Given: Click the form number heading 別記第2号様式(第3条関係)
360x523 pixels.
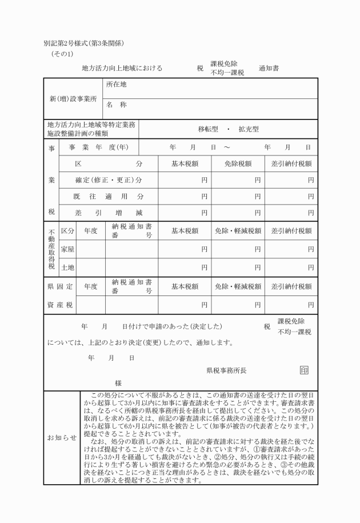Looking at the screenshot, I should click(84, 44).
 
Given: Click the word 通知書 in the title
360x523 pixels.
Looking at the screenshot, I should click(269, 68).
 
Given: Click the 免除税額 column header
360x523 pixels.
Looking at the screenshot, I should click(238, 163).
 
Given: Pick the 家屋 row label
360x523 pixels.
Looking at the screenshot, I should click(67, 249).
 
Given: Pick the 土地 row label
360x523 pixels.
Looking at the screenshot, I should click(67, 267).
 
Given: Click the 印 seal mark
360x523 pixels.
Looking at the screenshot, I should click(304, 370).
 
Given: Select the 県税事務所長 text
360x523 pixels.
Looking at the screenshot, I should click(226, 370).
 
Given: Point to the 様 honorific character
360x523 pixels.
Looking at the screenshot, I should click(118, 383).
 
